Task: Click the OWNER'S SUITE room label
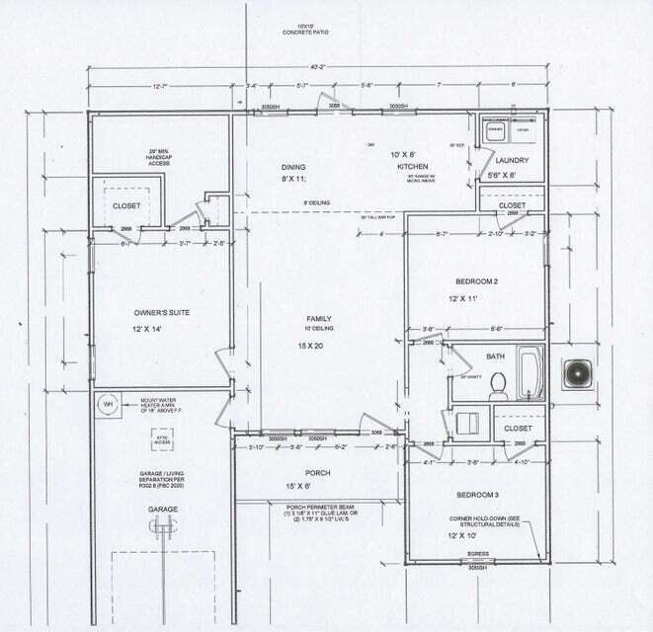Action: (x=160, y=313)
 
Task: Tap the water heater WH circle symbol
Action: (x=107, y=403)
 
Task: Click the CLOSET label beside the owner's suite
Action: (x=125, y=206)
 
